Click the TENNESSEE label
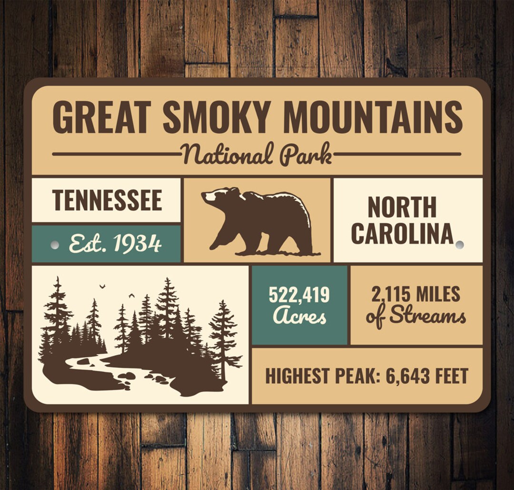pos(107,200)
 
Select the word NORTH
pos(402,207)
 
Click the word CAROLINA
pos(402,233)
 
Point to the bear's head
pos(217,197)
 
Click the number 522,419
pos(299,295)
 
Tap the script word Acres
pos(299,315)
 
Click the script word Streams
pos(427,316)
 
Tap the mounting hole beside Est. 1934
pos(55,245)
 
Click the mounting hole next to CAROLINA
pos(459,245)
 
